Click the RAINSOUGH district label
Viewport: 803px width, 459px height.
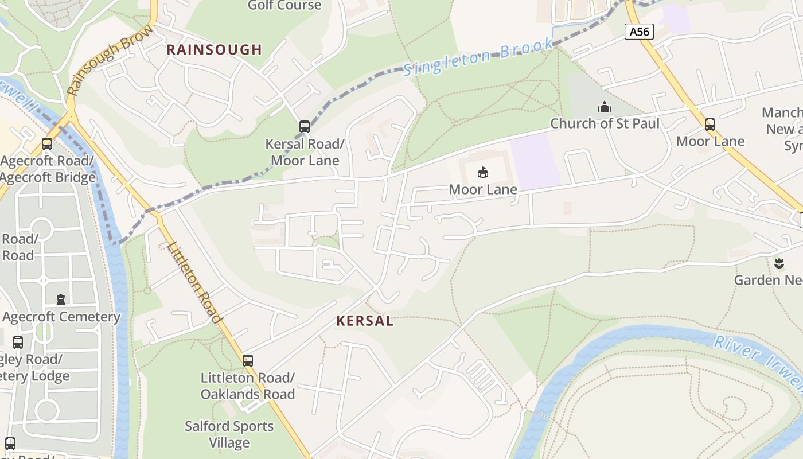[x=214, y=50]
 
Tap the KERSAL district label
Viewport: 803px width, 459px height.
[x=365, y=321]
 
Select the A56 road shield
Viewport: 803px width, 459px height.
[x=639, y=32]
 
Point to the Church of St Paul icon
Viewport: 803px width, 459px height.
[x=605, y=107]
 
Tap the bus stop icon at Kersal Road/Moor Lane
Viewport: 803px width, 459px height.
[x=305, y=127]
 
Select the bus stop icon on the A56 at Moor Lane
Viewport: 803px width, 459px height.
[x=710, y=125]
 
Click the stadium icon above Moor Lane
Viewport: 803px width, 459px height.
[x=483, y=172]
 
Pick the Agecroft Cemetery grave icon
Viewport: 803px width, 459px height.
[x=61, y=299]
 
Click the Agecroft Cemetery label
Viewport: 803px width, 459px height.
[x=61, y=317]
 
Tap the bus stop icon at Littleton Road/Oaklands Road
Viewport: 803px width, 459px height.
[x=248, y=361]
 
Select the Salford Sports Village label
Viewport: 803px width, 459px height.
[x=229, y=434]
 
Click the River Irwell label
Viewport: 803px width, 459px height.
[x=757, y=361]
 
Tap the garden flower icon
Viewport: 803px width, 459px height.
[x=778, y=263]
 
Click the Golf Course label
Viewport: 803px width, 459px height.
[x=284, y=6]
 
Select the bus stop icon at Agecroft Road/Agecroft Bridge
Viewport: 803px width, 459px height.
[x=47, y=145]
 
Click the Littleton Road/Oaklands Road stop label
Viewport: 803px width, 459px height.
[x=247, y=386]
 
